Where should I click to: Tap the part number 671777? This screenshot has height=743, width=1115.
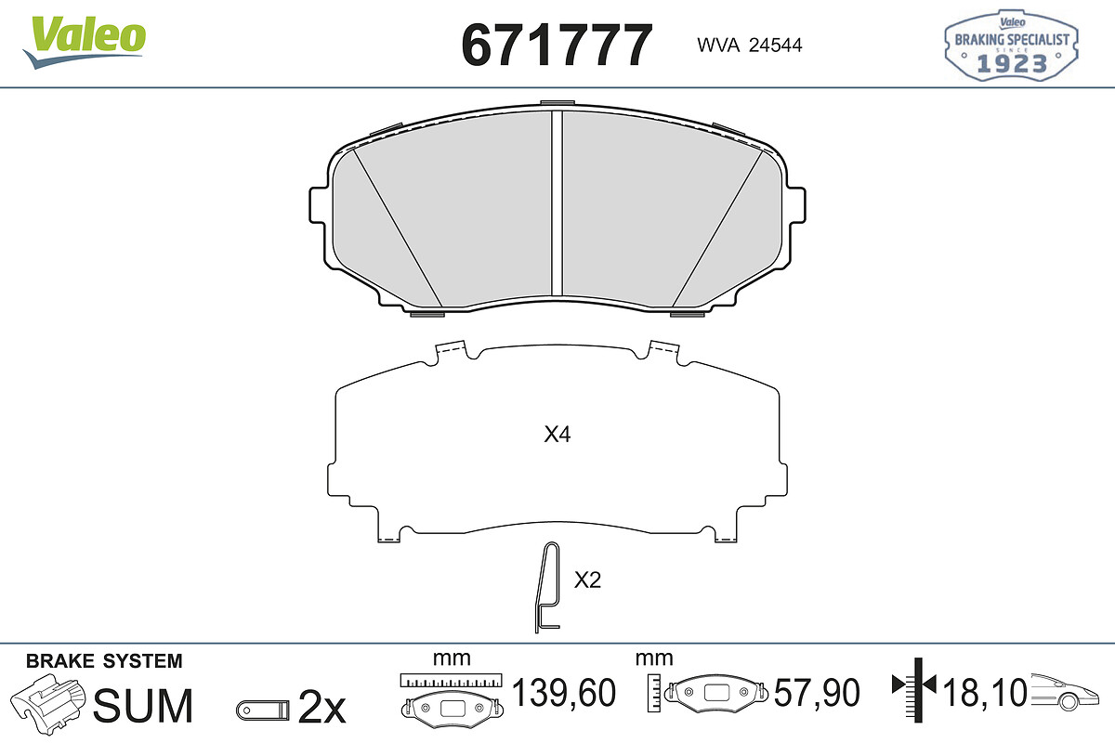coord(557,45)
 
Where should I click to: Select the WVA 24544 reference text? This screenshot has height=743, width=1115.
coord(749,46)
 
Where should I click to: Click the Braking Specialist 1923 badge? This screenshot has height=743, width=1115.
coord(1012,46)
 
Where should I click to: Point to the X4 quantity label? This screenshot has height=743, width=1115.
coord(557,435)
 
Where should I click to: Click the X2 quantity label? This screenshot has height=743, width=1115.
coord(587,580)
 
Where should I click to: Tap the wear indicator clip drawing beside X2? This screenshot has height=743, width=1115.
coord(547,587)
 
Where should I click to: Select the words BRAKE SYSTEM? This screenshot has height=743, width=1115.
coord(104,661)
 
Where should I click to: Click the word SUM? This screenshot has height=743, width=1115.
coord(143,705)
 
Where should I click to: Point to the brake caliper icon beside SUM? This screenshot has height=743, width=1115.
coord(47,703)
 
